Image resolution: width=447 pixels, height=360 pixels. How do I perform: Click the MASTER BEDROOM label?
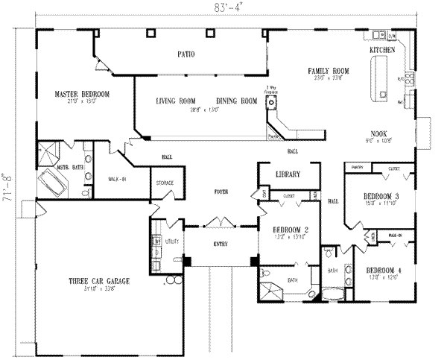[82, 94]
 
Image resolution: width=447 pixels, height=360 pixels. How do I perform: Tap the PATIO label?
[186, 54]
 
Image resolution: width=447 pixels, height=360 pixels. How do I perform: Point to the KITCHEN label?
[381, 49]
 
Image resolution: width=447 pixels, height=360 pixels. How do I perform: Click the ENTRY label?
[221, 244]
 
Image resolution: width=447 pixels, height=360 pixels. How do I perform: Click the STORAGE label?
[165, 183]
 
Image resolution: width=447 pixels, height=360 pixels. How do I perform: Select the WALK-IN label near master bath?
[117, 179]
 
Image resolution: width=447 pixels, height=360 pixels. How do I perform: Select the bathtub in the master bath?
[50, 186]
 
